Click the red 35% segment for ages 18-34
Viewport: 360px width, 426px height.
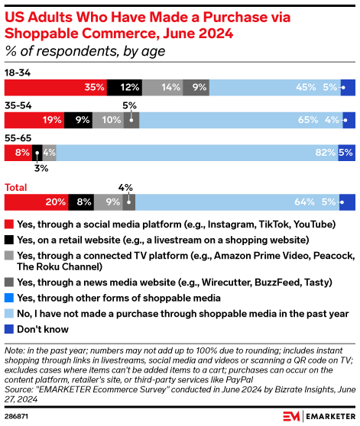pos(56,87)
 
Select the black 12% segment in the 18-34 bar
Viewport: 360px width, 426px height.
pos(125,87)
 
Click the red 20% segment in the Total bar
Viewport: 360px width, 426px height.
pos(37,202)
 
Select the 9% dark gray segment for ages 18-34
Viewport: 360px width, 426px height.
pos(196,87)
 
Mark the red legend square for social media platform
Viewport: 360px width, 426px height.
pos(8,224)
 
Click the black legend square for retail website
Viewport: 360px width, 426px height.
pos(8,240)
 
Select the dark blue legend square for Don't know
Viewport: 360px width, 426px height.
pos(8,330)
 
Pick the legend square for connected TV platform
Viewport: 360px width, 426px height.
pos(8,257)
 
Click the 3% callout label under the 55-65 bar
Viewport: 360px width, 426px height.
pos(40,168)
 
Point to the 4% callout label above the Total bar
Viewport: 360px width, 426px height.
pos(125,186)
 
